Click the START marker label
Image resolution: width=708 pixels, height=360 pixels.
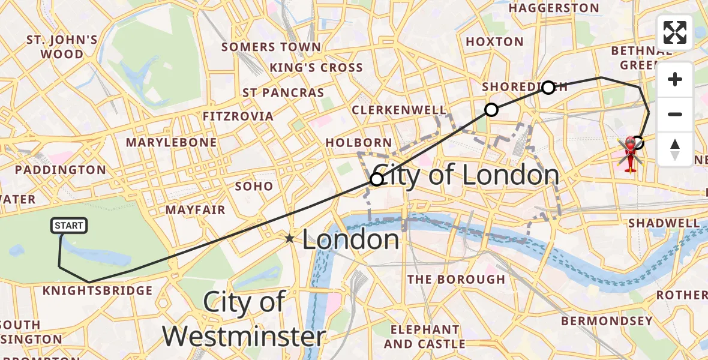pos(69,226)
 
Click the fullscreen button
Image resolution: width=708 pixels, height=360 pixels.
pos(675,32)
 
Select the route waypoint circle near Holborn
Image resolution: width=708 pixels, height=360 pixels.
pos(376,179)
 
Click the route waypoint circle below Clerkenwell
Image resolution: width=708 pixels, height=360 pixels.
pos(491,109)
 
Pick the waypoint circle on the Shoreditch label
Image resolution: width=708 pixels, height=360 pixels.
pos(548,88)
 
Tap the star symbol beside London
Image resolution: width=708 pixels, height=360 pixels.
pos(290,239)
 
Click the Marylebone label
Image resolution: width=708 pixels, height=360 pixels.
pos(171,142)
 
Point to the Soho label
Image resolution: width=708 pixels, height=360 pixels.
pos(254,186)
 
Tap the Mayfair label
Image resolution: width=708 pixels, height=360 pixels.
pos(196,210)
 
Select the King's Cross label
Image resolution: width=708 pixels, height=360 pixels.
pos(316,68)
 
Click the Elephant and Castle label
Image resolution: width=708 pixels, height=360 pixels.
pos(424,337)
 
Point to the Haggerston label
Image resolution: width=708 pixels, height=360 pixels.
pos(554,8)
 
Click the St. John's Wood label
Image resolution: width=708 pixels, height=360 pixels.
pos(62,47)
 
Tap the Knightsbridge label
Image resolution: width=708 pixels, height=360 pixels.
pos(98,291)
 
